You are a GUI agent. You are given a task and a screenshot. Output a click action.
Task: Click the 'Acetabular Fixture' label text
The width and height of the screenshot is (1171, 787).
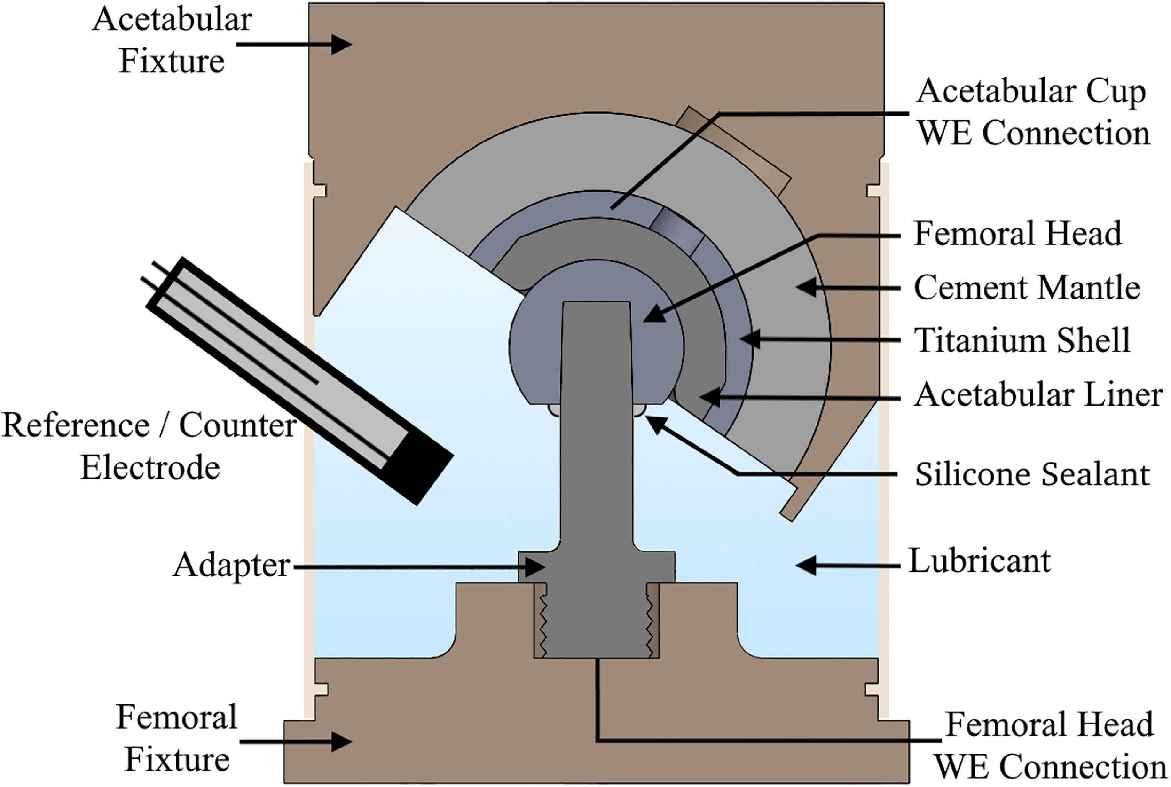point(172,40)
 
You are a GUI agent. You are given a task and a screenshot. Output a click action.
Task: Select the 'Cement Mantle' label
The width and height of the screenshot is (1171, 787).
point(1027,288)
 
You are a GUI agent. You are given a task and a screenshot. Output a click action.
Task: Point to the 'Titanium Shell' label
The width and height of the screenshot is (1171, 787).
point(1022,340)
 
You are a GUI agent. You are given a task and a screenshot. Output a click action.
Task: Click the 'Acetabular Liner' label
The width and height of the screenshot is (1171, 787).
point(1038,394)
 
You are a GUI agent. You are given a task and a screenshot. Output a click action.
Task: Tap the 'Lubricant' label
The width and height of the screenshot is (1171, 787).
point(980,561)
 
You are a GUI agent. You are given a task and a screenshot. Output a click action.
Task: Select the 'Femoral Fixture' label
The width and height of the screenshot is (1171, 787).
point(177,738)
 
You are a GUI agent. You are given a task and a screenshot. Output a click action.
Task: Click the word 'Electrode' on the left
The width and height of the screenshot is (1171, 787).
point(150,467)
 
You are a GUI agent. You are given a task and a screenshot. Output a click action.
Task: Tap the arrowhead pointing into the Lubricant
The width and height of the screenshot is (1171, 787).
point(806,565)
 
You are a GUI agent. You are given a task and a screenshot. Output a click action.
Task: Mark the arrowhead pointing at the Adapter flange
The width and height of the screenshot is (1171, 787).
point(535,567)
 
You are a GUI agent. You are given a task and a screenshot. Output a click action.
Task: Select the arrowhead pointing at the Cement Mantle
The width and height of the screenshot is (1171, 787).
point(806,287)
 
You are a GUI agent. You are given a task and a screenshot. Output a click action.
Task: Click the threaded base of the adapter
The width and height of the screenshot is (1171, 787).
point(596,621)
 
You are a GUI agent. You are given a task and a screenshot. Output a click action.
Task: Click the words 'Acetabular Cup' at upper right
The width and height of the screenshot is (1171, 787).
point(1031,92)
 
